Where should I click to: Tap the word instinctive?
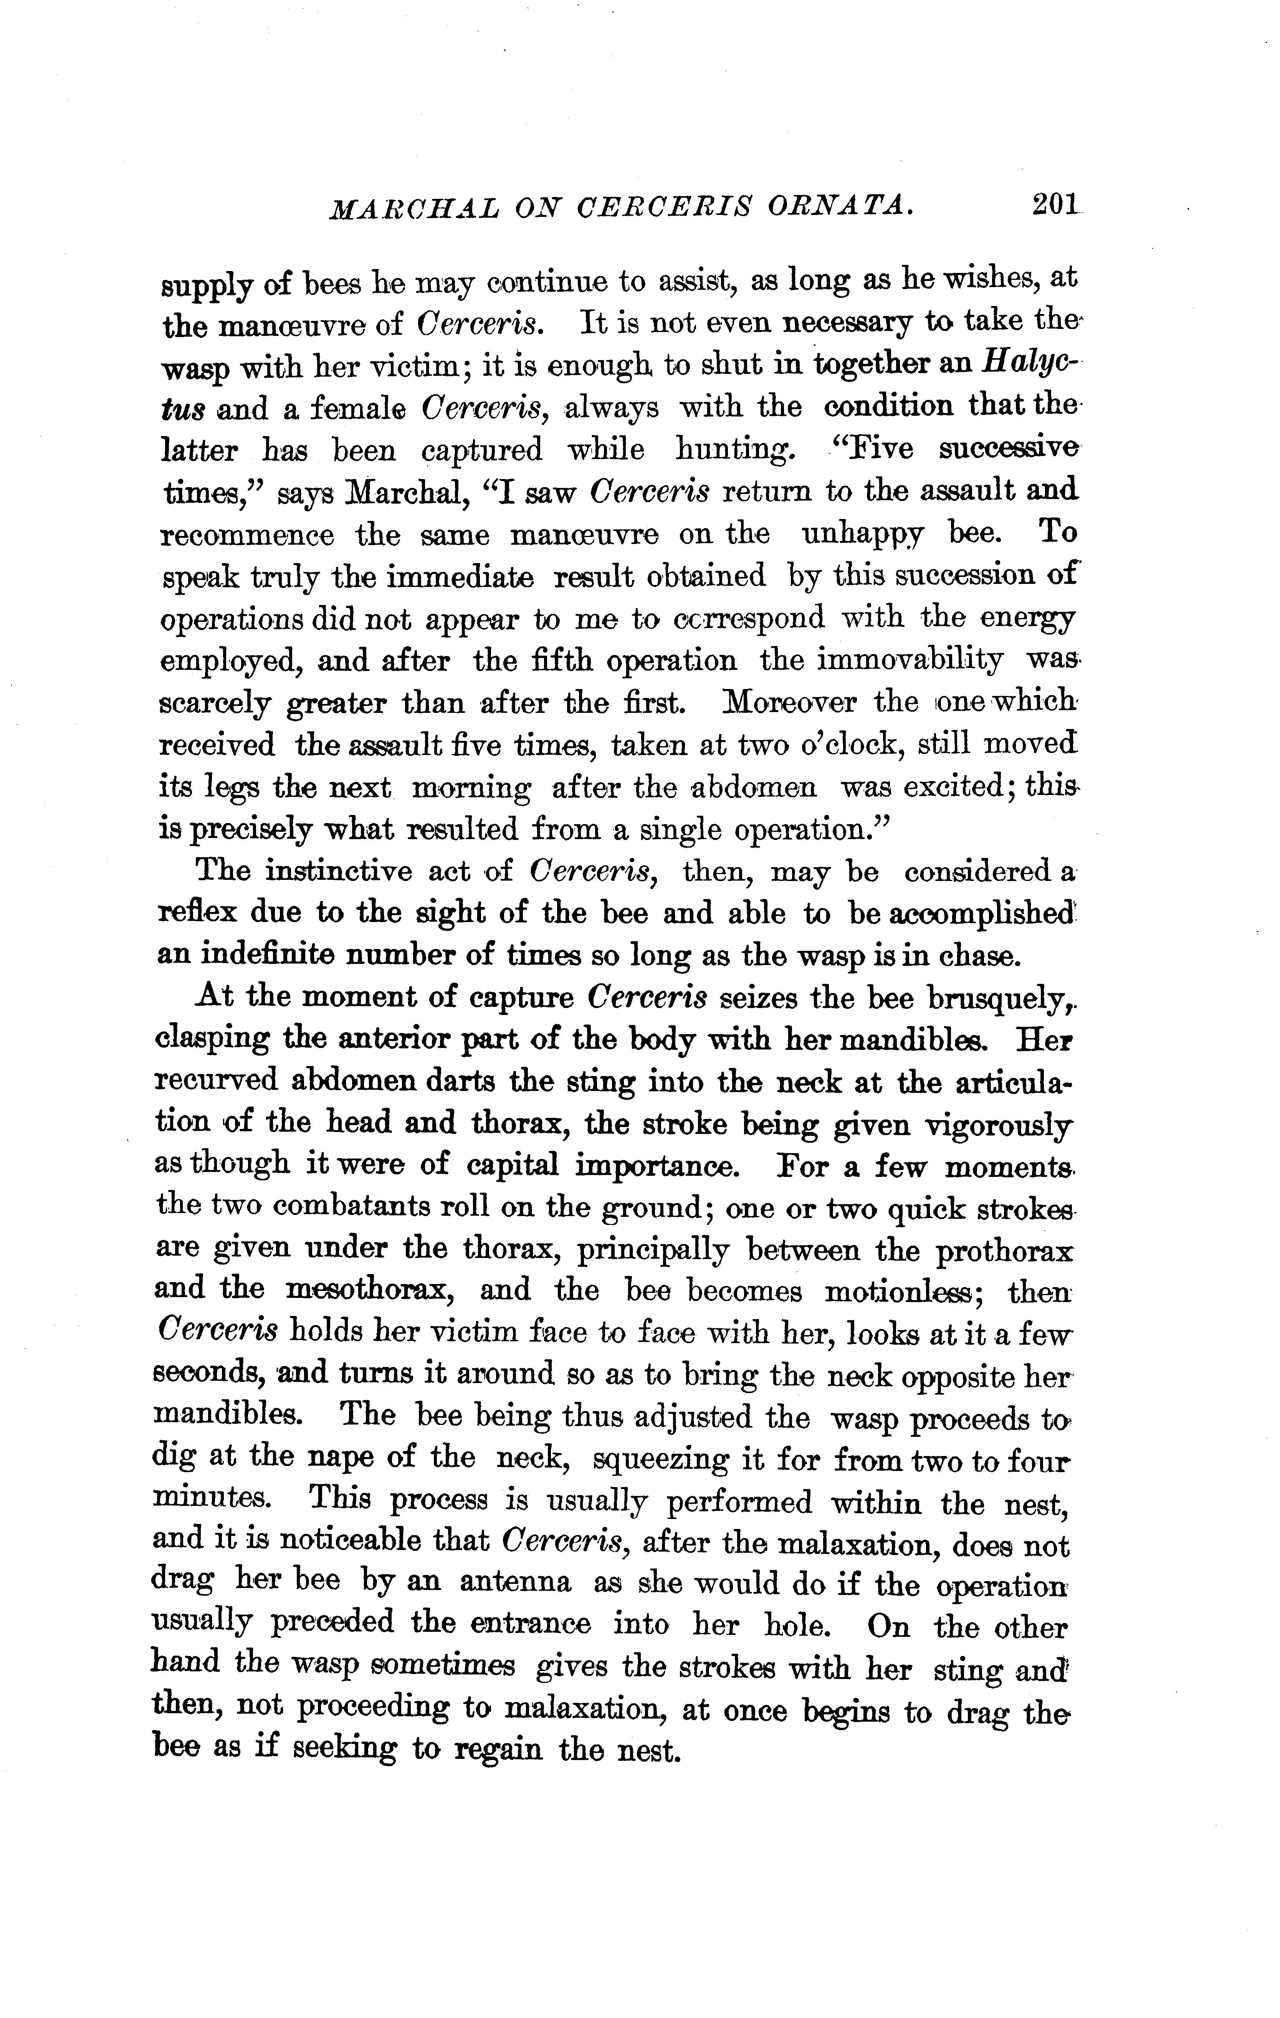click(x=338, y=871)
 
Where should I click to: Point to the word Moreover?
click(x=790, y=702)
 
